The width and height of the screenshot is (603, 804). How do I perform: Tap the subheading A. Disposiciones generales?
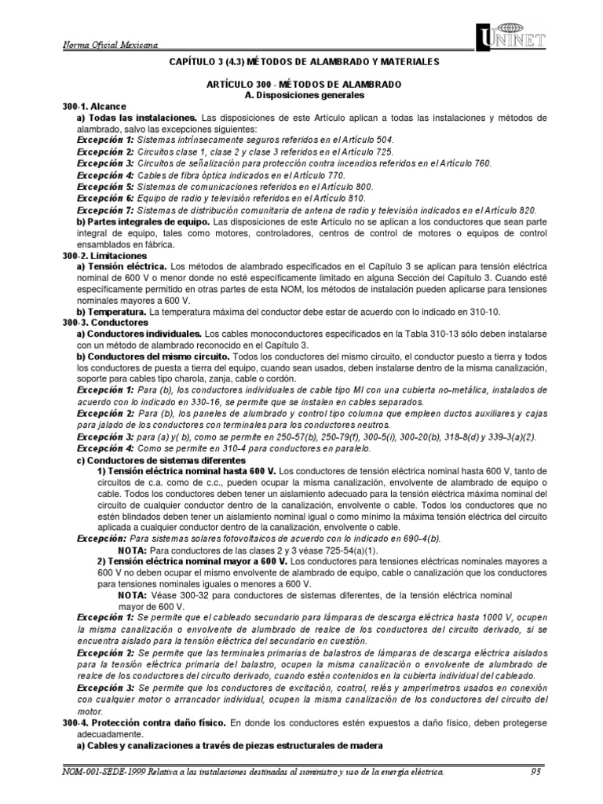(x=301, y=95)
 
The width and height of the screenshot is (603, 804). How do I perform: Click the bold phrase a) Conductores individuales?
(x=140, y=334)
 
